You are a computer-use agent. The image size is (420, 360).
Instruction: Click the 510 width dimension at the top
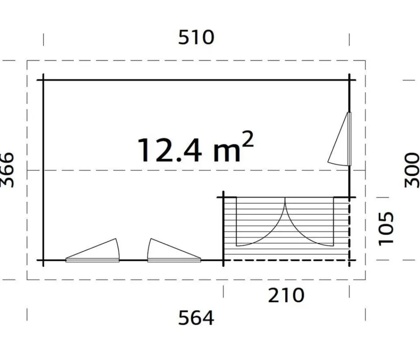pos(196,37)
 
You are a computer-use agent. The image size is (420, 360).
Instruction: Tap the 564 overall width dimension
pos(196,318)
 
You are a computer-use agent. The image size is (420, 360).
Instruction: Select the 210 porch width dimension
pos(286,295)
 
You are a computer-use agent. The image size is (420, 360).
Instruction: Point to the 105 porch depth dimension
pos(386,228)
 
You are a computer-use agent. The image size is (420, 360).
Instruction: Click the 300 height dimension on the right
pos(412,170)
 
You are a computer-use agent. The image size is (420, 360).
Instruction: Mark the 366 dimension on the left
pos(7,170)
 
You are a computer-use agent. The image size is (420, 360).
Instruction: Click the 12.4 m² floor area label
pos(195,147)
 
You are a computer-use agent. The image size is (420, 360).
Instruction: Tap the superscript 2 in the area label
pos(247,139)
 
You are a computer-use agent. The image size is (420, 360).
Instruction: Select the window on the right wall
pos(340,139)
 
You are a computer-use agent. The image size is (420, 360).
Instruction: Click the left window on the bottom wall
pos(92,250)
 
